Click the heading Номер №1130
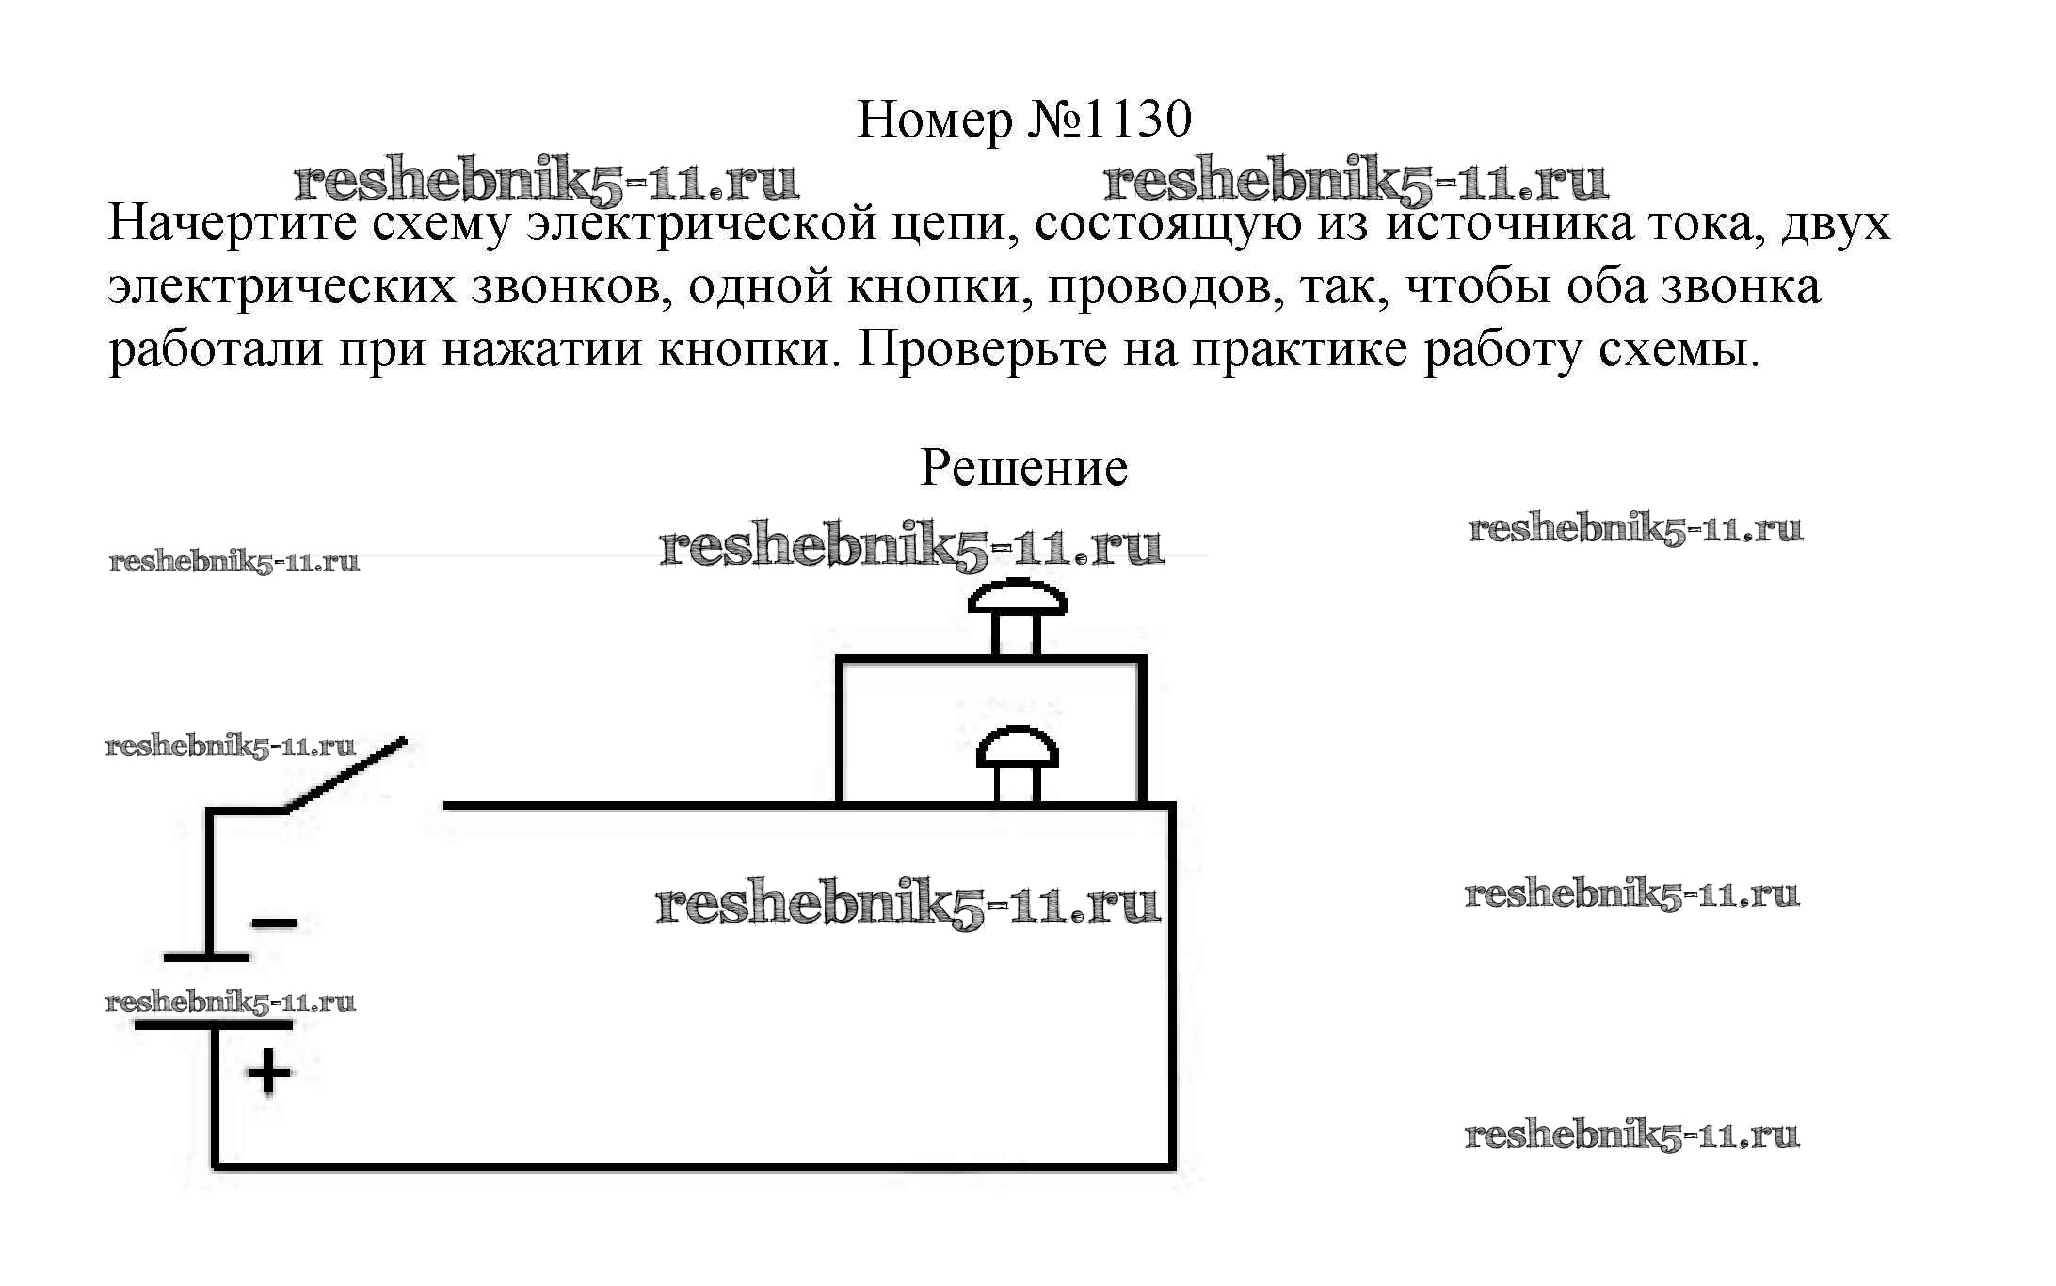tap(1024, 121)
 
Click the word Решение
tap(1023, 468)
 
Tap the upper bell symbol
tap(1017, 612)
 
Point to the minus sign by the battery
tap(274, 924)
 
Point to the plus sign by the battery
tap(269, 1071)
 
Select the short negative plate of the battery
tap(207, 957)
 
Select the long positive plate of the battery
tap(214, 1024)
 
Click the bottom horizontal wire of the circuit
tap(693, 1166)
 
